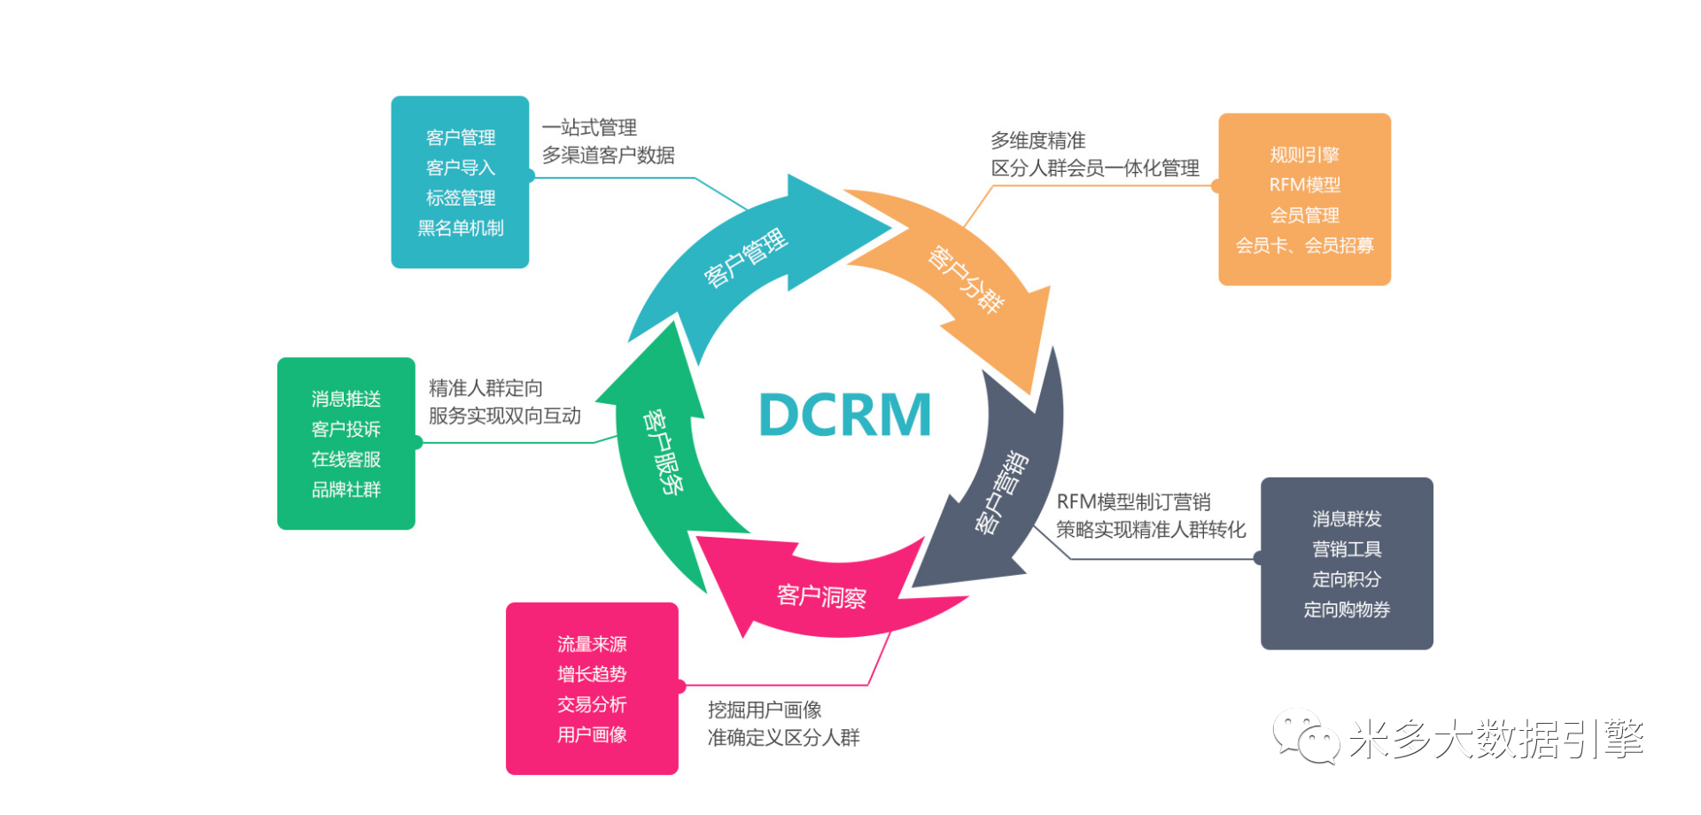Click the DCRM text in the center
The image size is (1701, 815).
845,415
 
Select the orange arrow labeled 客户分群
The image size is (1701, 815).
966,279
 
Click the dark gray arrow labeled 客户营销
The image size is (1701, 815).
1001,493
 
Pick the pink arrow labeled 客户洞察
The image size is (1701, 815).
821,596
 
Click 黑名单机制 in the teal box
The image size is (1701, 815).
461,228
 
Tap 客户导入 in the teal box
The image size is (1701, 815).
461,167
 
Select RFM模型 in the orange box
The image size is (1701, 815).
1304,185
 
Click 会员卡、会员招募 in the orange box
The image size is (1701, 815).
1304,245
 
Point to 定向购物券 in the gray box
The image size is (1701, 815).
1347,609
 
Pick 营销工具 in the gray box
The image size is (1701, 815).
1347,549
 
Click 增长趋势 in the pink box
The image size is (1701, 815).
592,674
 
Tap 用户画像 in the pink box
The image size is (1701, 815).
592,734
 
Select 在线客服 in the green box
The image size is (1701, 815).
346,459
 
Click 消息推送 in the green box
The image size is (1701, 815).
346,399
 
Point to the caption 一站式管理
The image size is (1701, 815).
589,128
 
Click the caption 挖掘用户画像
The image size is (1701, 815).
765,710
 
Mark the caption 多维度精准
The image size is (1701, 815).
1037,141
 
